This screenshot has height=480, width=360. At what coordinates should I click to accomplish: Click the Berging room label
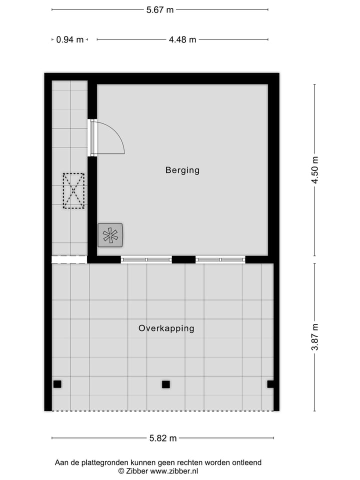coord(182,170)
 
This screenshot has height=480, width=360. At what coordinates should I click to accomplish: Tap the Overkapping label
coord(166,328)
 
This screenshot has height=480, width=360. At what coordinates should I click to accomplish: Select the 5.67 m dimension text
coord(160,9)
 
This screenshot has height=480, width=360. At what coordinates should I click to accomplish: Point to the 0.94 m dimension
coord(70,39)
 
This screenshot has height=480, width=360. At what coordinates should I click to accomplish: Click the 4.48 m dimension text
coord(182,39)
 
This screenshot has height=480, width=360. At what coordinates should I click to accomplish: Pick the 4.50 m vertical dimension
coord(315,170)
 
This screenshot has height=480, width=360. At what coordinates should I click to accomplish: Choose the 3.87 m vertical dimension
coord(315,337)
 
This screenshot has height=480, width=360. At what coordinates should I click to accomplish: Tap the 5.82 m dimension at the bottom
coord(163,438)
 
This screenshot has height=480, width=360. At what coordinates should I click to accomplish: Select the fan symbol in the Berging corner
coord(110,235)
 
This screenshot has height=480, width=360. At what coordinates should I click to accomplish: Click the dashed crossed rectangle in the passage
coord(73,190)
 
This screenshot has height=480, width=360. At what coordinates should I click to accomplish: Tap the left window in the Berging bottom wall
coord(146,259)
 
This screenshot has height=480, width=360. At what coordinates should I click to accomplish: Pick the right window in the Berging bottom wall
coord(220,259)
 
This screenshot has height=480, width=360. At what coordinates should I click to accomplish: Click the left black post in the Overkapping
coord(57,384)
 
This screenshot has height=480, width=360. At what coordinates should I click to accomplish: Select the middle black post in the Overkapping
coord(166,384)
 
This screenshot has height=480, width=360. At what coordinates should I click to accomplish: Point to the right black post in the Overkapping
coord(270,384)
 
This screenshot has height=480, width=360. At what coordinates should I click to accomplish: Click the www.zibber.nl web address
coord(174,471)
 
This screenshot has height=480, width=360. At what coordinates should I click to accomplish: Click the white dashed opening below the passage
coord(69,259)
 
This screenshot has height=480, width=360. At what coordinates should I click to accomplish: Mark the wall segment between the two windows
coord(183,259)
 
